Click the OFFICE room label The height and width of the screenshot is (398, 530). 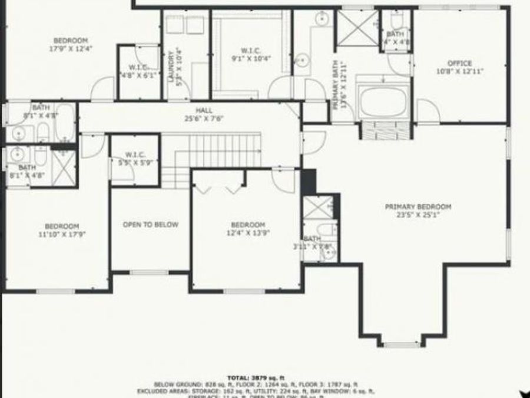pyautogui.click(x=460, y=63)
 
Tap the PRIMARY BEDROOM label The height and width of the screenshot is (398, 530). pyautogui.click(x=418, y=207)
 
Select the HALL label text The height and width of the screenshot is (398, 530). pyautogui.click(x=205, y=110)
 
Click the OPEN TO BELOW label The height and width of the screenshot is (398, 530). pyautogui.click(x=150, y=225)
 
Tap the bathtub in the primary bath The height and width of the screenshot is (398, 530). pyautogui.click(x=383, y=102)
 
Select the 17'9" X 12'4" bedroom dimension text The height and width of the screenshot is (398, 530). pyautogui.click(x=71, y=48)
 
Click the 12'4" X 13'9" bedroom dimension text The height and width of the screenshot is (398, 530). pyautogui.click(x=248, y=233)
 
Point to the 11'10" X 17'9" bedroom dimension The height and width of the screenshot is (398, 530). pyautogui.click(x=62, y=235)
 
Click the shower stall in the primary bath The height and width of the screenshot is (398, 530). pyautogui.click(x=357, y=28)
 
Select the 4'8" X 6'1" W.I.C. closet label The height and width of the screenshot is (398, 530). pyautogui.click(x=140, y=75)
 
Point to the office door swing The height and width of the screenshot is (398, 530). pyautogui.click(x=426, y=111)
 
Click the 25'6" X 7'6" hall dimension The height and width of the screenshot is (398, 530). pyautogui.click(x=205, y=118)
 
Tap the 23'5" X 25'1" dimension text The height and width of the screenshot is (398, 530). pyautogui.click(x=418, y=215)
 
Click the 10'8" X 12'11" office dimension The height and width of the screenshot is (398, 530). pyautogui.click(x=460, y=71)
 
